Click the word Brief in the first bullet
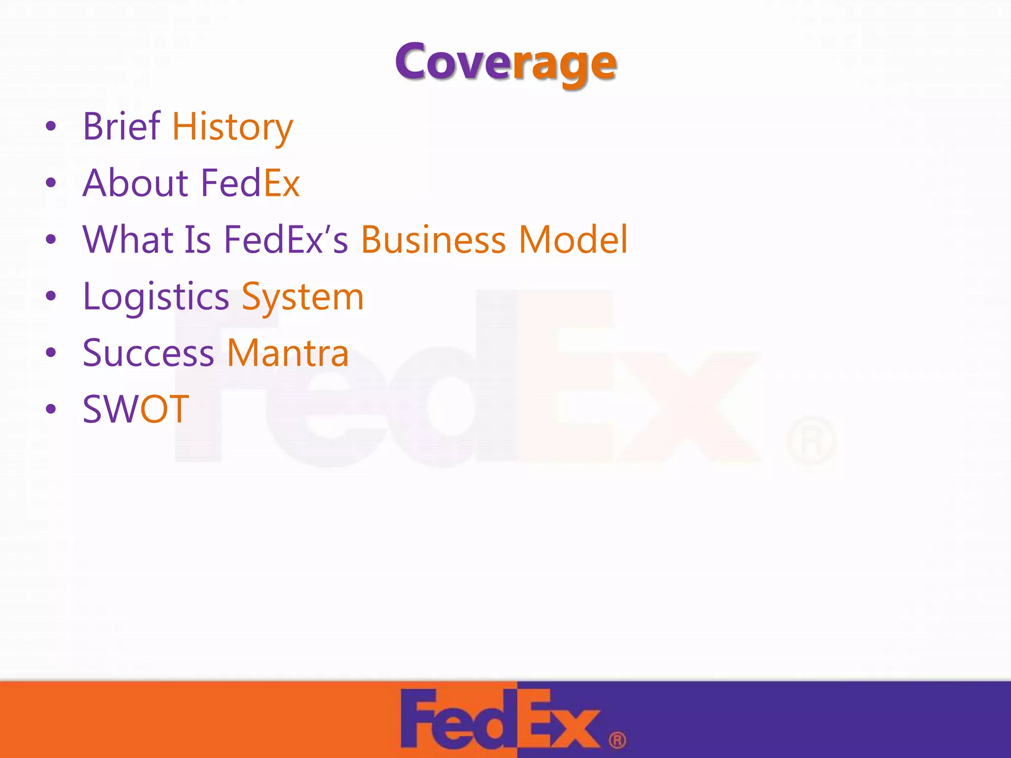pos(121,126)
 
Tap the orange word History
pos(233,127)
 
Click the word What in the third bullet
pos(127,239)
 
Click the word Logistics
pos(156,297)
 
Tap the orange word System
pos(303,297)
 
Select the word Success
pos(148,353)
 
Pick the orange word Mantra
pos(288,353)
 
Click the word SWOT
pos(136,409)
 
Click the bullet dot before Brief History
pos(51,127)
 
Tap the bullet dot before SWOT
pos(51,409)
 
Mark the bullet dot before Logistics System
pos(51,296)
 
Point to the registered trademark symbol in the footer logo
pos(617,740)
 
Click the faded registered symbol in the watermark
pos(811,441)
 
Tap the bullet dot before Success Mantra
pos(51,353)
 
